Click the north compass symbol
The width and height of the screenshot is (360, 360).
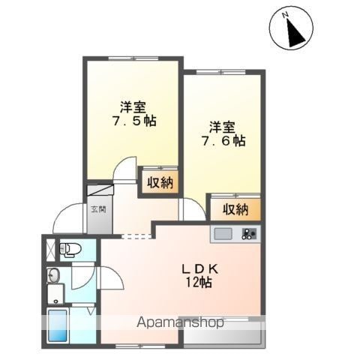(291, 28)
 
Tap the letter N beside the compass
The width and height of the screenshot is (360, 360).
(285, 15)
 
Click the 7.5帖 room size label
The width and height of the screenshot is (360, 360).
(134, 121)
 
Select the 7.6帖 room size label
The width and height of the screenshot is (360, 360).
(223, 142)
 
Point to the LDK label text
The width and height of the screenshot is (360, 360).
(199, 269)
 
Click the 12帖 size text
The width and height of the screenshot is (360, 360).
(199, 283)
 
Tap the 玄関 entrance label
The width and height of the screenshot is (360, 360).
(98, 209)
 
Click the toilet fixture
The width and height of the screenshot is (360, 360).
(70, 249)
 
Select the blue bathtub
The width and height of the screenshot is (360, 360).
(58, 325)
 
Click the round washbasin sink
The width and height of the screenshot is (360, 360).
(53, 276)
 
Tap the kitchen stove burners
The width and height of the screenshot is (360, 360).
(249, 235)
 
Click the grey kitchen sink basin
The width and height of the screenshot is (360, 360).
(223, 234)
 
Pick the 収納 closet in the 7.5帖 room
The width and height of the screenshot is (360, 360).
(160, 182)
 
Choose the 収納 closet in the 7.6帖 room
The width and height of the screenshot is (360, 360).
(235, 209)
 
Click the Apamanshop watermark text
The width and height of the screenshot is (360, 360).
(180, 322)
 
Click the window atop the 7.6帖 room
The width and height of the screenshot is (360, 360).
(221, 72)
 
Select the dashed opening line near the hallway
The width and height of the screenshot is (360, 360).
(136, 236)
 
